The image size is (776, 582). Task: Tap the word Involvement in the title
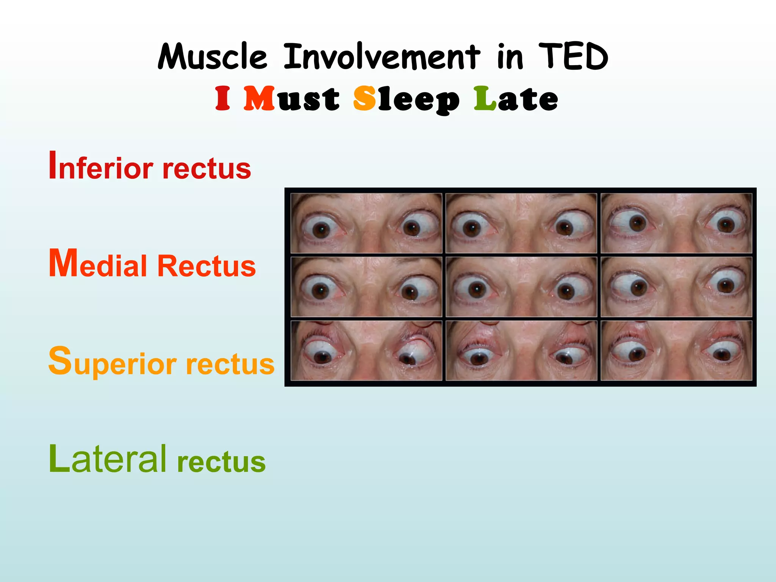382,57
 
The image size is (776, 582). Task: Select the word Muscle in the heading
213,57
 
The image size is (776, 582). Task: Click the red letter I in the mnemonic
223,99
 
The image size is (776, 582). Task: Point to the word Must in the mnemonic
291,99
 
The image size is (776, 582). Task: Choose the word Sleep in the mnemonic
406,99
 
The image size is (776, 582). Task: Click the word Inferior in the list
101,167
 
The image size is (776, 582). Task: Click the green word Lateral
108,459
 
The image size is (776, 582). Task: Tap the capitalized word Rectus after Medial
207,266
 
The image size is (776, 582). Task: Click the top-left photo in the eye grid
366,223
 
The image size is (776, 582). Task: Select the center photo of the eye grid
521,287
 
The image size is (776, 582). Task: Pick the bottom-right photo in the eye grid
676,350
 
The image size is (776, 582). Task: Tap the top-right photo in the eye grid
676,223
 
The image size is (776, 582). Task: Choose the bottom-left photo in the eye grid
366,350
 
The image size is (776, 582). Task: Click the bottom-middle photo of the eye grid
521,350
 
